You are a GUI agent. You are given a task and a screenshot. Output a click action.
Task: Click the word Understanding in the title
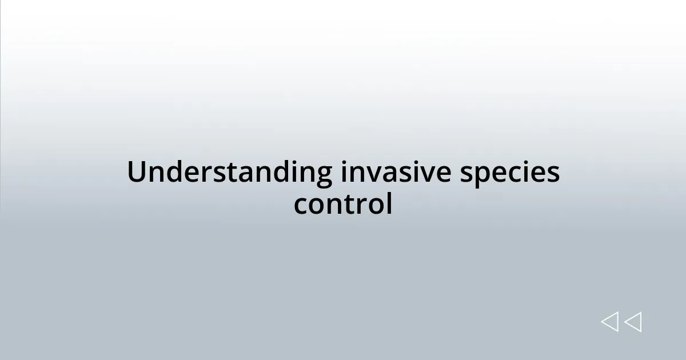pos(229,173)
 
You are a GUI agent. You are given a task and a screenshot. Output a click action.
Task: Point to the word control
pos(343,204)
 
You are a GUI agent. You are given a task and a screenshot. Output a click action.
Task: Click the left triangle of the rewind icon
pos(609,322)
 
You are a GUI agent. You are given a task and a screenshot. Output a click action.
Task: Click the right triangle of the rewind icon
pos(632,322)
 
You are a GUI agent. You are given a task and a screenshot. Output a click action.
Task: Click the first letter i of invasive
pos(345,173)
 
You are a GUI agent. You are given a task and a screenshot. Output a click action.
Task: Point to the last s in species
pos(553,174)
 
